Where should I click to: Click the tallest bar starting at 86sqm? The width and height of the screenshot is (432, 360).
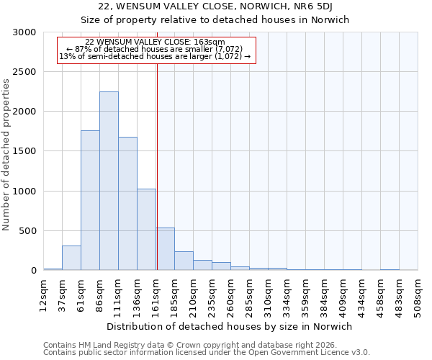tap(109, 181)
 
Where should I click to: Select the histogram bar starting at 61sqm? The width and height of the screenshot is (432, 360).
tap(90, 200)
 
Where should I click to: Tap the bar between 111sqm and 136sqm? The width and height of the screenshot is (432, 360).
tap(127, 203)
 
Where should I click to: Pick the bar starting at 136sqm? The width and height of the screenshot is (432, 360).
tap(146, 229)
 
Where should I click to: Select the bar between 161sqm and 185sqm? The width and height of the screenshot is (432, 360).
tap(165, 248)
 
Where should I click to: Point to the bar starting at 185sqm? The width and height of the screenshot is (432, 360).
tap(184, 261)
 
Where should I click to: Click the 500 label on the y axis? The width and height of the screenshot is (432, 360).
tap(28, 231)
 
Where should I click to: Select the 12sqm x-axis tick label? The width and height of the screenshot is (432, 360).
tap(44, 295)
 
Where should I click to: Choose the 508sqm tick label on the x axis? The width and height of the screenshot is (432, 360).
tap(418, 295)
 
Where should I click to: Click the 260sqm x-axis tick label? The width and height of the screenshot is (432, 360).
tap(231, 295)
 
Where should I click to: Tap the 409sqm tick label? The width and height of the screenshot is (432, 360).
tap(343, 295)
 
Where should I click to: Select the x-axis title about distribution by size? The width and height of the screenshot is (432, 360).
tap(230, 326)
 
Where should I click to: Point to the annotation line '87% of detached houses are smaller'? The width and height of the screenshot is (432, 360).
tap(155, 49)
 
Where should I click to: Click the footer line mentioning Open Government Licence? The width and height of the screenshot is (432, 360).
tap(207, 353)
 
